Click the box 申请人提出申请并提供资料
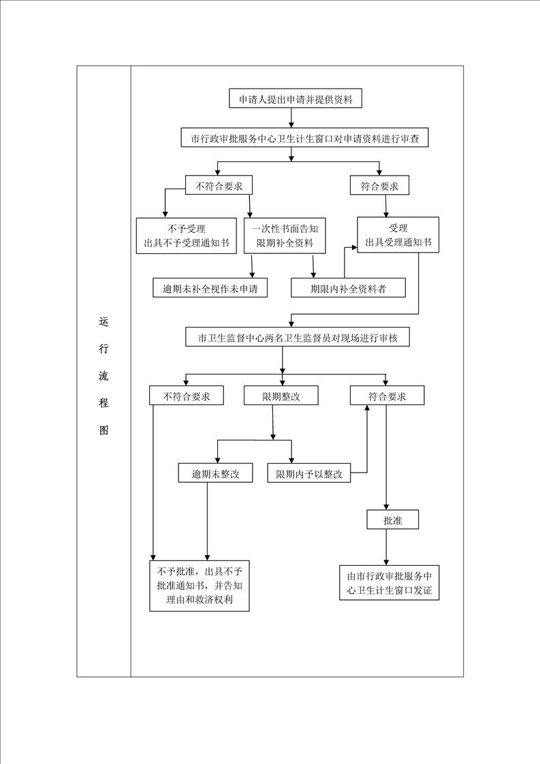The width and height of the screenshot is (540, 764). pos(296,99)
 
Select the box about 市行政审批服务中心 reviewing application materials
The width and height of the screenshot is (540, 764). pos(304,138)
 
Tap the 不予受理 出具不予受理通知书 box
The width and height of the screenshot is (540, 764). pos(187,236)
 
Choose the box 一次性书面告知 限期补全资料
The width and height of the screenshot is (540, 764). pos(285,236)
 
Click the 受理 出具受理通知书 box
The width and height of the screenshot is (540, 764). pos(398,235)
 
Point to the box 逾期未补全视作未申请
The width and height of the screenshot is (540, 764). pos(210,288)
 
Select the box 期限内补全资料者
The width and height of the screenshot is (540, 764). pos(349,288)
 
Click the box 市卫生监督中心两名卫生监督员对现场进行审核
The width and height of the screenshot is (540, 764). pos(298,336)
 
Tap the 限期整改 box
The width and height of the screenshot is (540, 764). pos(281,396)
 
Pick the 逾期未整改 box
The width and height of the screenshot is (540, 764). pos(215,473)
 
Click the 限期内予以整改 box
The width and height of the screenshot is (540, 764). pos(309,473)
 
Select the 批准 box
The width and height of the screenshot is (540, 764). pos(393,520)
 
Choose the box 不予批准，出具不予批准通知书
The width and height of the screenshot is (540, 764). pos(200,585)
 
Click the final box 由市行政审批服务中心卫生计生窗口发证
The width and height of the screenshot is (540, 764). pos(390,583)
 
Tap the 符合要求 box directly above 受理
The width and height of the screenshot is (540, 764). pos(380,186)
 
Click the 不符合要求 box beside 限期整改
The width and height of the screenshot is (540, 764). pos(187,396)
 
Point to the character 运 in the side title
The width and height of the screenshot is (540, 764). pos(104,321)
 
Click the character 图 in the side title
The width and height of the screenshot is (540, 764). pos(104,430)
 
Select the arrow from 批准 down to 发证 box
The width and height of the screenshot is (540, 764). pos(387,547)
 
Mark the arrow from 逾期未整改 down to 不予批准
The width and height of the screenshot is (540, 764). pos(207,522)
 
